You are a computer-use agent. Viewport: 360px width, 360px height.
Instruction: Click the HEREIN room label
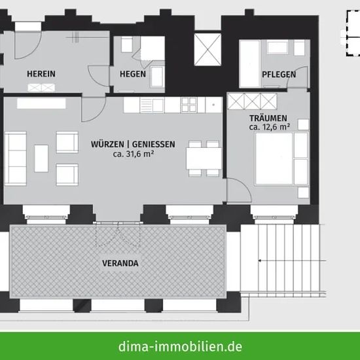[41, 74]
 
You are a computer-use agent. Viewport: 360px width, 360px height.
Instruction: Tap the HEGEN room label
[133, 74]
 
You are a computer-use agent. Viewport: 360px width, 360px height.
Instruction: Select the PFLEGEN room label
[279, 75]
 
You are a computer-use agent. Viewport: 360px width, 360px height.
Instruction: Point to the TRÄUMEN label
[268, 118]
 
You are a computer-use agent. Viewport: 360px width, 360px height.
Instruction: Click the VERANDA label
[120, 263]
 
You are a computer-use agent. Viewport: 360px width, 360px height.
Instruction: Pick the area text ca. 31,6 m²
[134, 154]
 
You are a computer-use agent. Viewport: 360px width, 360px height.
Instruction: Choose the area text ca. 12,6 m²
[269, 127]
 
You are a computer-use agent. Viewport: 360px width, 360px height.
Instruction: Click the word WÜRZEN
[107, 144]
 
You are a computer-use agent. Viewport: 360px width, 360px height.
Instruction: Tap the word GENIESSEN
[154, 144]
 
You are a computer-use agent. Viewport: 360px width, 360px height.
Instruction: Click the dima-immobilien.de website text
[180, 346]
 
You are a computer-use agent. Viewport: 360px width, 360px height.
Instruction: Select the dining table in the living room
[204, 158]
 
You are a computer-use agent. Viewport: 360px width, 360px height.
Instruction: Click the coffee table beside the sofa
[41, 158]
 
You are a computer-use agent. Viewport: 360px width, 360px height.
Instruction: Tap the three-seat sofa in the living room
[16, 158]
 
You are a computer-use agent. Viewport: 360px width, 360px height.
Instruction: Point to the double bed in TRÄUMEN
[281, 158]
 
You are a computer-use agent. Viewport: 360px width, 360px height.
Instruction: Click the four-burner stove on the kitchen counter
[189, 105]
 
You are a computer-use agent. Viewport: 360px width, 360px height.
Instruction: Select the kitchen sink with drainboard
[152, 105]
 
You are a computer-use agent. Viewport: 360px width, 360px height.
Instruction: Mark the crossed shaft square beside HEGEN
[207, 49]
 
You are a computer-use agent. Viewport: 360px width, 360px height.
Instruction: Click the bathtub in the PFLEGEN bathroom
[250, 63]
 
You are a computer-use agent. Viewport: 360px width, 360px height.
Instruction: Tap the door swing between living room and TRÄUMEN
[239, 190]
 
